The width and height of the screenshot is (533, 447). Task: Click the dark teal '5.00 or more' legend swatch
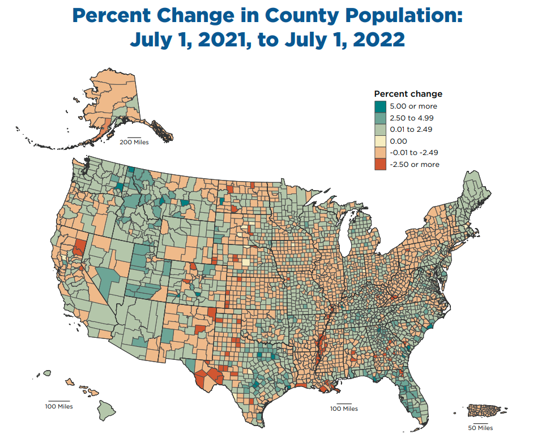[380, 106]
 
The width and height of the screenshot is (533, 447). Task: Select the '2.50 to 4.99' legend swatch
[380, 118]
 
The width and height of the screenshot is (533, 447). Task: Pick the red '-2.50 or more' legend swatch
[380, 164]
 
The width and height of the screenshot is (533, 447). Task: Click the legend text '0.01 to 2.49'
[410, 130]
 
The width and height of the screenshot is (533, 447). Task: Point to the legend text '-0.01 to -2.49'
[414, 153]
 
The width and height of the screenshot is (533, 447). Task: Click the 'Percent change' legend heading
[408, 94]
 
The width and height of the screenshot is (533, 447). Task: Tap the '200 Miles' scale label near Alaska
[134, 143]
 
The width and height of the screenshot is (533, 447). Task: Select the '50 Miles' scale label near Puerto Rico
[480, 428]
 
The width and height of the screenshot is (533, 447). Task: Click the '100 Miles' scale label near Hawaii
[59, 406]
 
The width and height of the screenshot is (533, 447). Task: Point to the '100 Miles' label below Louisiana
[344, 409]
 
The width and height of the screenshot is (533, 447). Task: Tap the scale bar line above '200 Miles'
[134, 137]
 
